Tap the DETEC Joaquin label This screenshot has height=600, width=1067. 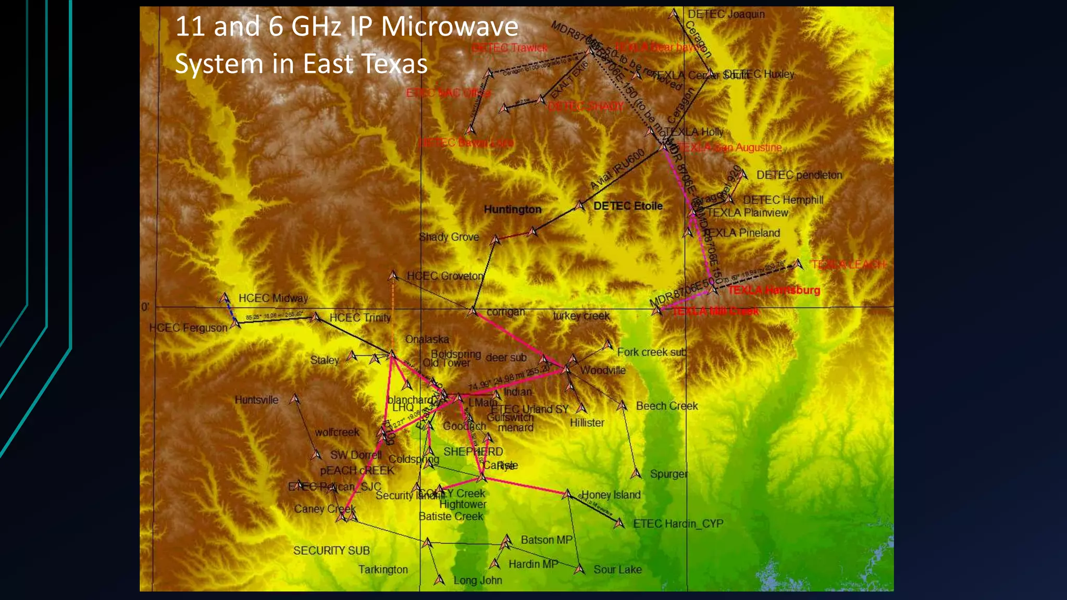pos(726,15)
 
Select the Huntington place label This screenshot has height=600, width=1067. pos(513,209)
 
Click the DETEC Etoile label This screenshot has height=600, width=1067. pos(628,206)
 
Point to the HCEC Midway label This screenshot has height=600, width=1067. pos(273,298)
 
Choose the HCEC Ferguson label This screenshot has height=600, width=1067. pos(188,328)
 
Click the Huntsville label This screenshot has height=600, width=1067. pos(256,400)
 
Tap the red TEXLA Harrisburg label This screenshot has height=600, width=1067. pos(774,290)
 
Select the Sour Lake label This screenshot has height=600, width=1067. pos(617,570)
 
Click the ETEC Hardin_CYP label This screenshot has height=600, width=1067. pos(678,524)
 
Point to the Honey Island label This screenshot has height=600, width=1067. pos(611,495)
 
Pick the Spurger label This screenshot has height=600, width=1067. pos(668,474)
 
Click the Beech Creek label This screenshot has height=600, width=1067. pos(666,406)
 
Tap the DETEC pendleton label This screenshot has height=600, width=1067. pos(799,175)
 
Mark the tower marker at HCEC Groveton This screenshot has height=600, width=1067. pos(393,274)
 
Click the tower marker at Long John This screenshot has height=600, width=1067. pos(440,579)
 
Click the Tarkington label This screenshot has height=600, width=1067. pos(383,570)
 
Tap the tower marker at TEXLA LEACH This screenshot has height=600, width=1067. pos(799,265)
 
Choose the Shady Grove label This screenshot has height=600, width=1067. pos(449,237)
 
